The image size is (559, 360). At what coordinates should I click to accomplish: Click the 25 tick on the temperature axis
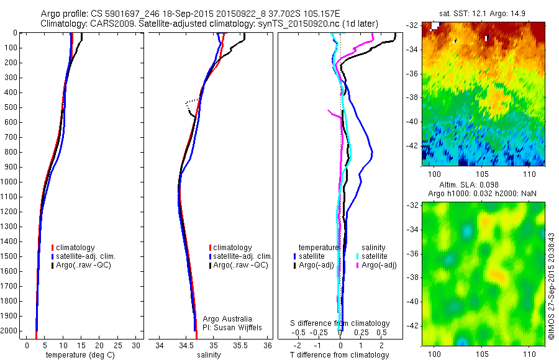tap(118, 345)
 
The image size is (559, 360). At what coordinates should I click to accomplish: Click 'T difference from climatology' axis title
tap(339, 355)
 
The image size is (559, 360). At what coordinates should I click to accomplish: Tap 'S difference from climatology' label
tap(340, 323)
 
